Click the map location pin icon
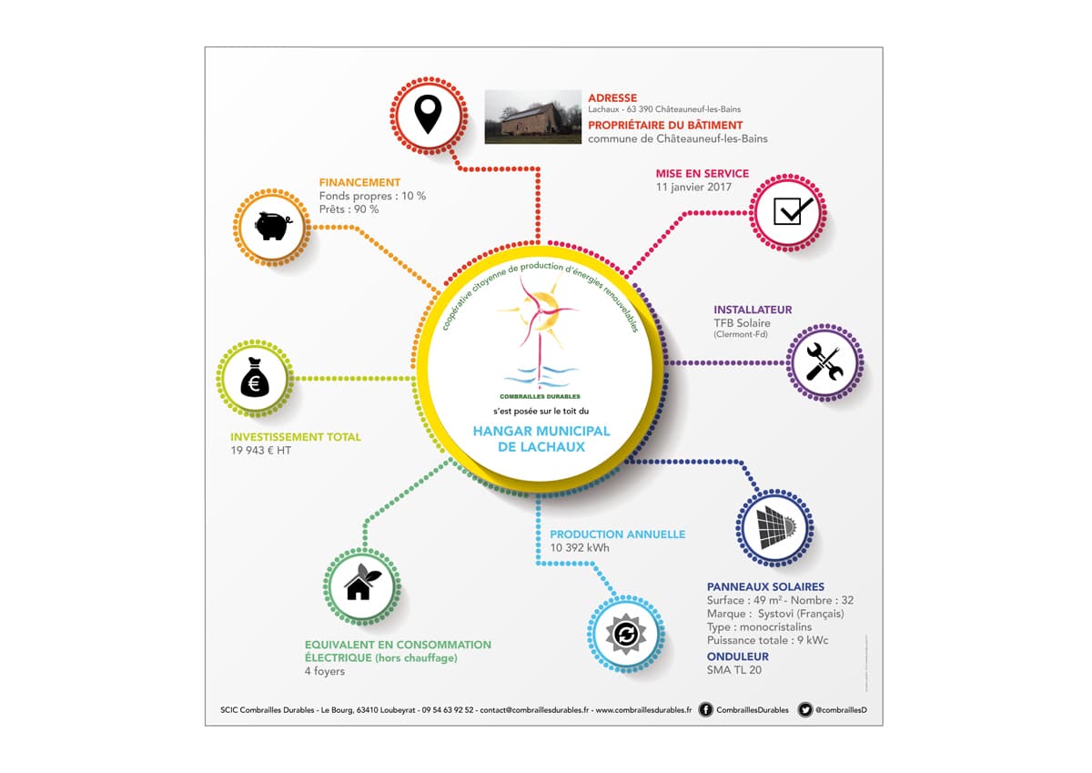[428, 114]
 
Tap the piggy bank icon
[273, 226]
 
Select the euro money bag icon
[255, 377]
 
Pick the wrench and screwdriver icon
[824, 361]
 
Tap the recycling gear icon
[626, 634]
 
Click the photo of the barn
[533, 117]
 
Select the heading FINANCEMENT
[359, 182]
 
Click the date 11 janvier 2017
[693, 188]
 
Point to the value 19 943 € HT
[261, 451]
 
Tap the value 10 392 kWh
[580, 548]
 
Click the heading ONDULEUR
[738, 656]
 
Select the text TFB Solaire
[742, 323]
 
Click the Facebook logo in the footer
[705, 709]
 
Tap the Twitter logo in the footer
[804, 709]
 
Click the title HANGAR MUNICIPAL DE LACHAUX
[541, 439]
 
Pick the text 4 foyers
[325, 671]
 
